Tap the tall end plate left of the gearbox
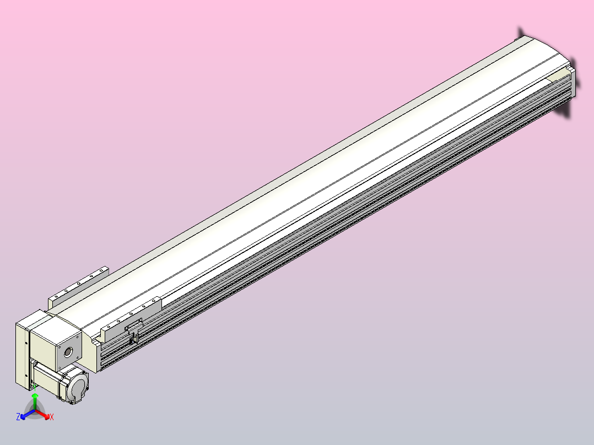[x=21, y=352]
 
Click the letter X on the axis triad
[x=52, y=417]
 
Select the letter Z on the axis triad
[x=18, y=417]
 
